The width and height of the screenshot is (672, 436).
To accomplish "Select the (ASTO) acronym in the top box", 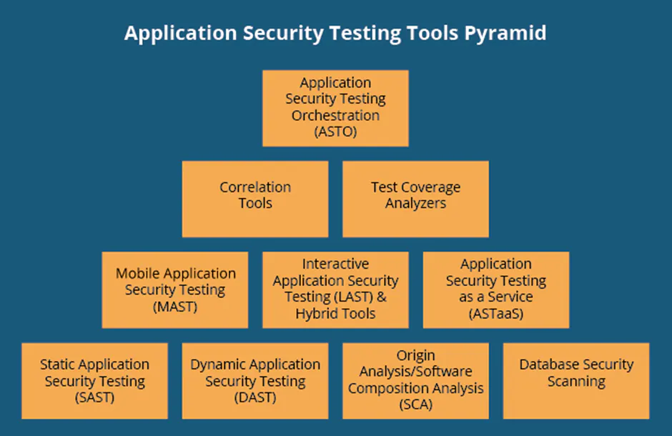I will coord(335,132).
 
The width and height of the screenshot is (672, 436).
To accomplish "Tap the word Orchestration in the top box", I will coord(335,115).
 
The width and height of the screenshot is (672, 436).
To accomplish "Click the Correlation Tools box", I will coord(255,198).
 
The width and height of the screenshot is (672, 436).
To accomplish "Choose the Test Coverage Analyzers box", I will coord(415,198).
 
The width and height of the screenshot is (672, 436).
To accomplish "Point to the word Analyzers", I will coord(415,204).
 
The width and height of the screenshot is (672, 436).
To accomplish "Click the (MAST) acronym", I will coord(175,306).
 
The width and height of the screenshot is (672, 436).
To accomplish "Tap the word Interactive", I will coord(335,264).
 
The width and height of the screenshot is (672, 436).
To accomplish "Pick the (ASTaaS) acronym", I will coord(495,313).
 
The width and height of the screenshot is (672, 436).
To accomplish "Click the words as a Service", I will coord(495,297).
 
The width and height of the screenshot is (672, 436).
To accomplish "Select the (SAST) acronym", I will coord(94,397).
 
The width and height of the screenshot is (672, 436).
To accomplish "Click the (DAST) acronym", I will coord(255,397).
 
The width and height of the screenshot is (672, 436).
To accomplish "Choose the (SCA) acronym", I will coord(415,405).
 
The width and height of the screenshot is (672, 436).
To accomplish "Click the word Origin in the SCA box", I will coord(415,355).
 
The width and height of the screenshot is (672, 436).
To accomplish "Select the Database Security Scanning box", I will coord(576,380).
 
